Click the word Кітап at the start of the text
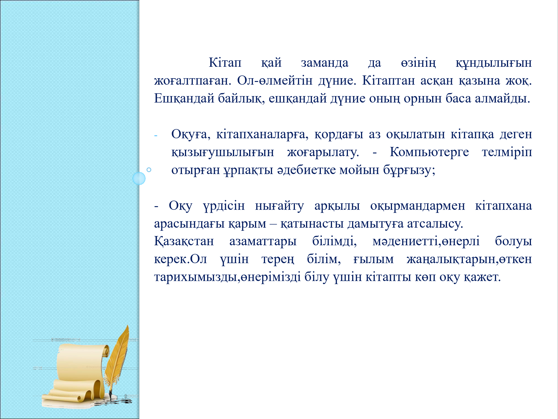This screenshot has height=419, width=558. click(x=225, y=63)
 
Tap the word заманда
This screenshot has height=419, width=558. click(x=324, y=63)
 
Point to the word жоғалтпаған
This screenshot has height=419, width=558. click(x=193, y=81)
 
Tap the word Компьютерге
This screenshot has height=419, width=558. click(x=429, y=152)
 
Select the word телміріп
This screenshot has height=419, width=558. click(x=507, y=152)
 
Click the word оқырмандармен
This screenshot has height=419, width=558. click(x=417, y=206)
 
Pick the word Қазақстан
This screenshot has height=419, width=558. click(x=184, y=241)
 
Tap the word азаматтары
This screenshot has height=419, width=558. click(x=263, y=242)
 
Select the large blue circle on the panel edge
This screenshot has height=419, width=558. click(x=139, y=178)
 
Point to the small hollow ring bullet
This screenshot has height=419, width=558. click(x=149, y=170)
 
